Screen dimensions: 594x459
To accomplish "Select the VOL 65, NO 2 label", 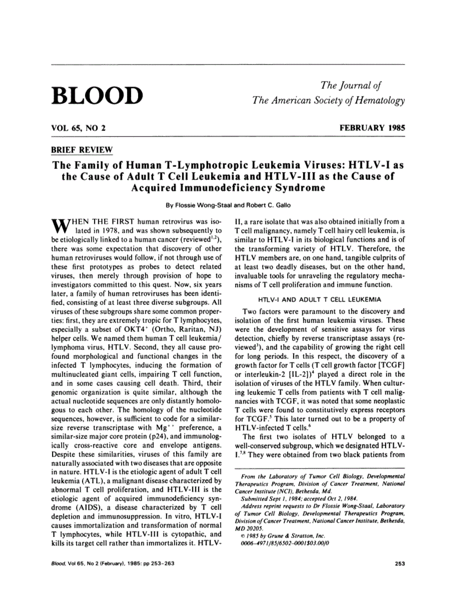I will pyautogui.click(x=78, y=128).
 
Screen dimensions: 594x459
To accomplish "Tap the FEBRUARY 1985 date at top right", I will pyautogui.click(x=372, y=128).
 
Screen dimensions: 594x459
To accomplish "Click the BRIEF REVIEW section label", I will pyautogui.click(x=82, y=150).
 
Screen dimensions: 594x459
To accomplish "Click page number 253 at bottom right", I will pyautogui.click(x=399, y=563).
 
